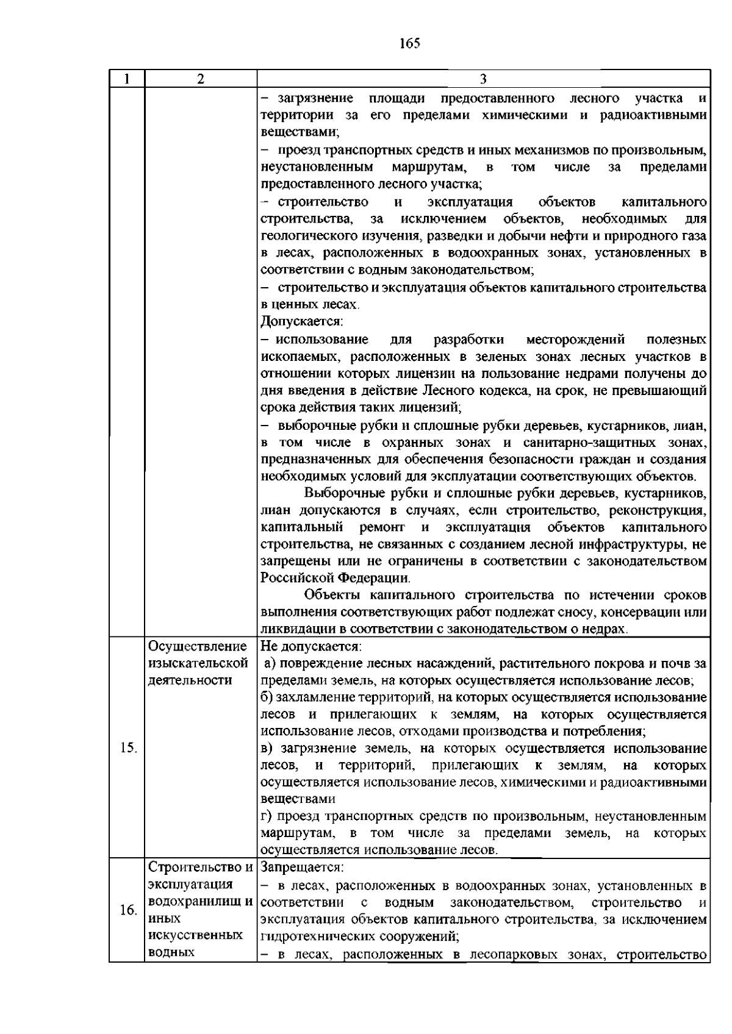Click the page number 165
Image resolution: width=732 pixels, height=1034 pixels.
click(x=410, y=43)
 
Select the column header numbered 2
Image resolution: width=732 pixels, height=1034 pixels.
click(x=201, y=79)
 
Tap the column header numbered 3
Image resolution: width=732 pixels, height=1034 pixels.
click(x=483, y=79)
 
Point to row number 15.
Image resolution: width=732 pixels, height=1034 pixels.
click(x=128, y=748)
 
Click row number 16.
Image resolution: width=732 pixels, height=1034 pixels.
click(x=128, y=910)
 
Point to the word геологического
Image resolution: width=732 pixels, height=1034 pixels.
click(x=307, y=236)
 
